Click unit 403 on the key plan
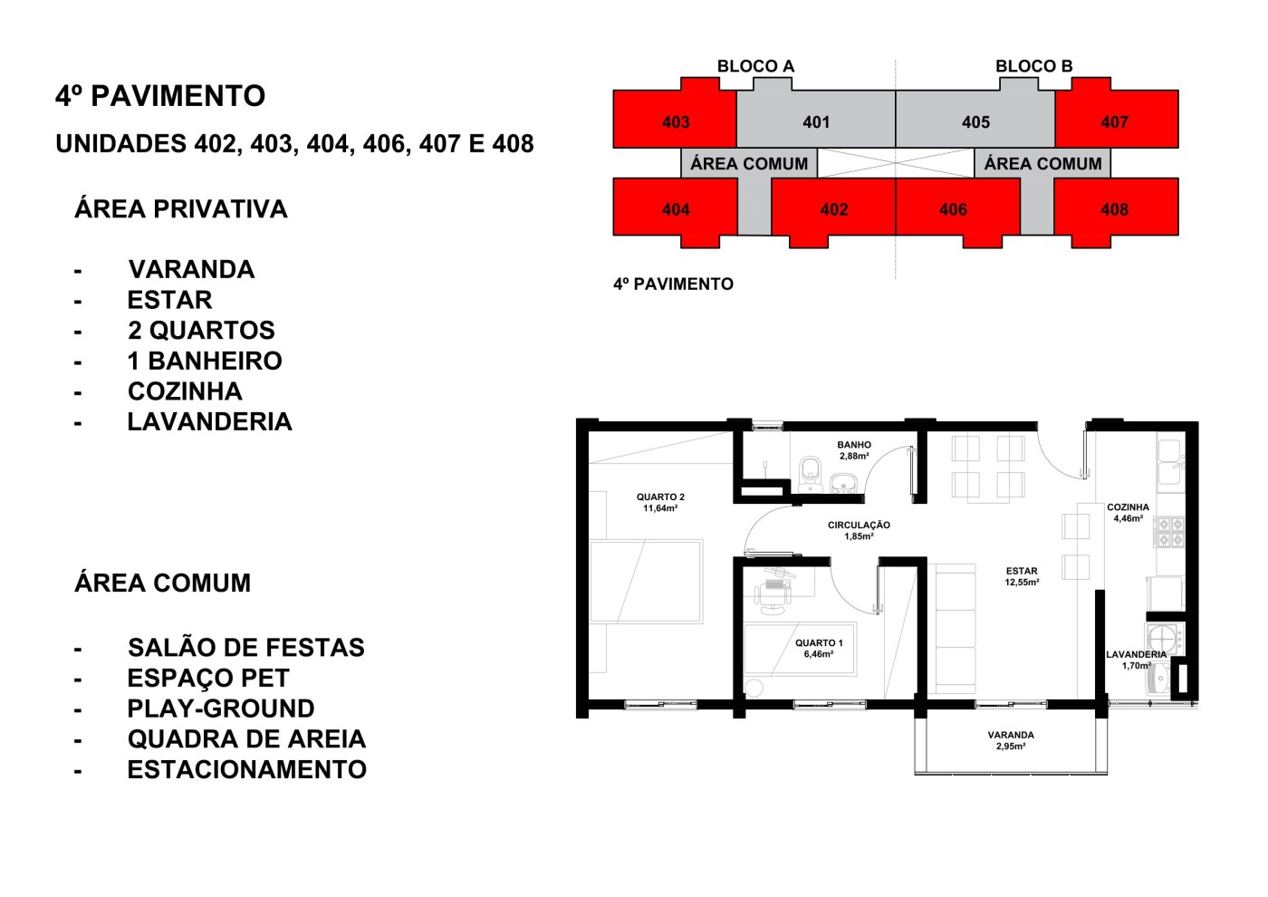pos(675,121)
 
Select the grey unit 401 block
pos(815,121)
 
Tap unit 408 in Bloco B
pos(1114,209)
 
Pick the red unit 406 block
pos(953,209)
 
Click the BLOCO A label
pos(755,66)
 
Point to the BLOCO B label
pos(1033,66)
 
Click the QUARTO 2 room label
pos(660,503)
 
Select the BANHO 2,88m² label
pos(854,450)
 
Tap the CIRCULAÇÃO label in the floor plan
pos(859,530)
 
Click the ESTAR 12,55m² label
pos(1022,577)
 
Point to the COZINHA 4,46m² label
pos(1128,513)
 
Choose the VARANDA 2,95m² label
pos(1011,740)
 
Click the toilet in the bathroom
pos(810,471)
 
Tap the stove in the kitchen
pos(1168,532)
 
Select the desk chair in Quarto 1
pos(773,594)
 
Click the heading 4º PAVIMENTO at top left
pos(160,96)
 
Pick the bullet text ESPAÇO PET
pos(208,678)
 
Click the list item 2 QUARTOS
pos(201,330)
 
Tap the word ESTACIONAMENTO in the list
pos(246,769)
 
